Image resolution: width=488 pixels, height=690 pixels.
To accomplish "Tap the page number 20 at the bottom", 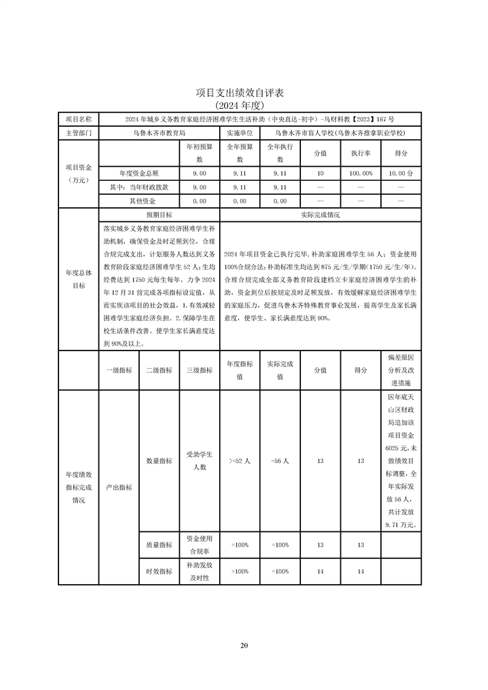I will click(244, 645).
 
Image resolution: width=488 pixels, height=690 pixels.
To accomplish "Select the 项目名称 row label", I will click(78, 119).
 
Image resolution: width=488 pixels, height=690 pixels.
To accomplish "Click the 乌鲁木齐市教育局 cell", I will click(159, 133).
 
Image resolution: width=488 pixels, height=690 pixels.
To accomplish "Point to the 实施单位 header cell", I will click(239, 133).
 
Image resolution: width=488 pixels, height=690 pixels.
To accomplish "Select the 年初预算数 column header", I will click(199, 153).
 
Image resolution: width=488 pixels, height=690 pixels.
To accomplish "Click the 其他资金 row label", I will click(142, 201).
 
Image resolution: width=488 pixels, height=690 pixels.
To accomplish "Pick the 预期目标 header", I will click(159, 215).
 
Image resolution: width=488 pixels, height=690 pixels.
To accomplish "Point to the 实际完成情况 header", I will click(320, 215).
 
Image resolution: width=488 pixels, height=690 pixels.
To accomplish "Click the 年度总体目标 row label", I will click(78, 279).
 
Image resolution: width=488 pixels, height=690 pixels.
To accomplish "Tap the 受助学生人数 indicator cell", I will click(199, 461).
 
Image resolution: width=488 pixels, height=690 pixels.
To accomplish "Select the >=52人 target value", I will click(239, 461).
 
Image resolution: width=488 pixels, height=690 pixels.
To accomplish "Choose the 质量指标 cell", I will click(159, 544).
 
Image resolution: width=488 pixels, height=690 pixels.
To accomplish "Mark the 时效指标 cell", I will click(159, 571).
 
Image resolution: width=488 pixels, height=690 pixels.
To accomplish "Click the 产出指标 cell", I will click(119, 487).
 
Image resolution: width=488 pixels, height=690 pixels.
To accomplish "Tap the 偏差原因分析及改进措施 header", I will click(401, 370).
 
